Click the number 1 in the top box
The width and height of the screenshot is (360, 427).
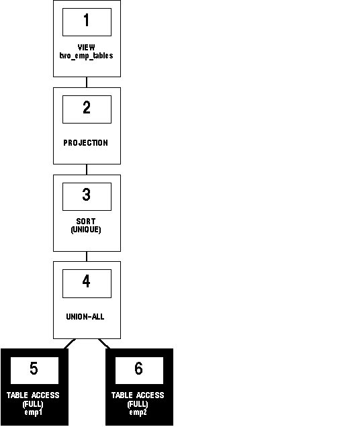[87, 20]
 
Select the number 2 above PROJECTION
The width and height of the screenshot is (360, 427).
[87, 107]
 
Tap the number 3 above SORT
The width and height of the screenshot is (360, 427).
[87, 195]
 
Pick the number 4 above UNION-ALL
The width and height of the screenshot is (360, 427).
[87, 281]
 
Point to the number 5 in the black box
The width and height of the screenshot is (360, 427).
[34, 368]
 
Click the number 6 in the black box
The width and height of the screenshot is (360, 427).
[138, 368]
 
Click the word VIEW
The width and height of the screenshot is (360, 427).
[87, 48]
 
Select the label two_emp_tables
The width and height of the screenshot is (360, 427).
[87, 56]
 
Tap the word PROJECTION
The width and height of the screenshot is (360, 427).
[85, 143]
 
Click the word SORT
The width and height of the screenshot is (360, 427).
[86, 221]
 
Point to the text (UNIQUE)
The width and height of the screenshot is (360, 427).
[86, 230]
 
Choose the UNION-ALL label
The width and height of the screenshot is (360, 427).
[85, 316]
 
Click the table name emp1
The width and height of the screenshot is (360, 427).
[34, 412]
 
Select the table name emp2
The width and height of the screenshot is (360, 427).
[138, 412]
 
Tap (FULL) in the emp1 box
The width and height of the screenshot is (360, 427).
[33, 404]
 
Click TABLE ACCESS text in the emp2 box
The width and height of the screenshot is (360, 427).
[138, 395]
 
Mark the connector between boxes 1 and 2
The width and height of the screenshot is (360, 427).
[87, 82]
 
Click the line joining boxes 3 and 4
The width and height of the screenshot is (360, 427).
[87, 256]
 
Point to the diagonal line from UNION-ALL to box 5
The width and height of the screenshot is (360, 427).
[70, 344]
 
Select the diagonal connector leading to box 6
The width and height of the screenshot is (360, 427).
[104, 344]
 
